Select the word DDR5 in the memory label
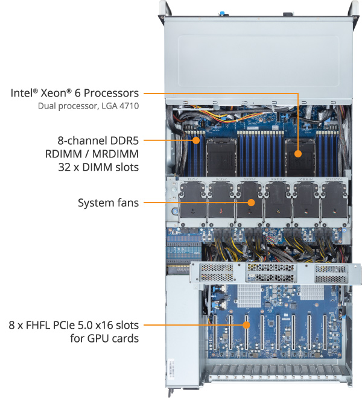coord(125,140)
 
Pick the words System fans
coord(109,203)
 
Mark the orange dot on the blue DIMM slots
coord(197,141)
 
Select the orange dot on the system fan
coord(250,203)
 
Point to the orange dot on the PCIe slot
coord(247,326)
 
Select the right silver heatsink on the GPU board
coord(311,293)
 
